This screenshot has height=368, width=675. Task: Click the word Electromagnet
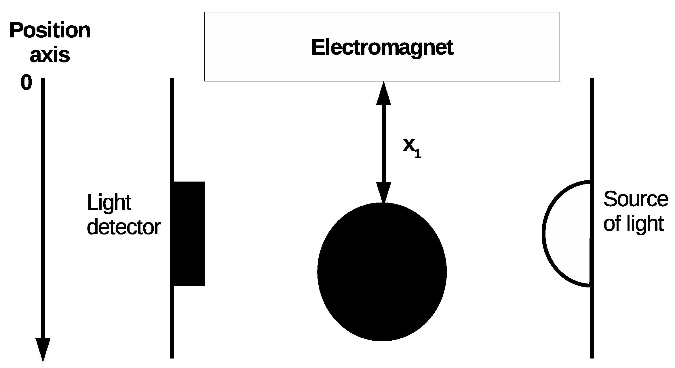coord(382,48)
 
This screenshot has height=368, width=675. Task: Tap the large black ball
coord(382,272)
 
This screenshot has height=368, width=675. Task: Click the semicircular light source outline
coord(543,234)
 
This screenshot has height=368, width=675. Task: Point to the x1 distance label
coord(412,148)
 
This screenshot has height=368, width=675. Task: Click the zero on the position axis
coord(26,83)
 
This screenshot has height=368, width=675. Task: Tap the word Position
coord(50,30)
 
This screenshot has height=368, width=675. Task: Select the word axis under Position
coord(50,55)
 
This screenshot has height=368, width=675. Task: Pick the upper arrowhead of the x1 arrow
coord(384,94)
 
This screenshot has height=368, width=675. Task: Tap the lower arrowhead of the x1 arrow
coord(384,192)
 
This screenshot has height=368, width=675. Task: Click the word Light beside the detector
coord(109,203)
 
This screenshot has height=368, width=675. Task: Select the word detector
coord(123,227)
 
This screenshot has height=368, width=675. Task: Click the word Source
coord(636,199)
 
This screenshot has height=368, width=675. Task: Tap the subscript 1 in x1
coord(418,154)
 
